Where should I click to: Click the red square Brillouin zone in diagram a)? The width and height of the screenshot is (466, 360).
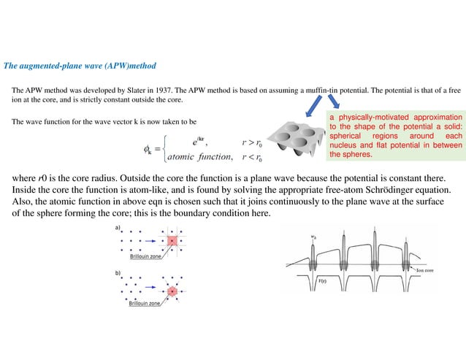(173, 241)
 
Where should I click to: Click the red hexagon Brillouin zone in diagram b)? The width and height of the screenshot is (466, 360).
(173, 290)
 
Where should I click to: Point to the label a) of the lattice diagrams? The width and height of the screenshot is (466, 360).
(117, 228)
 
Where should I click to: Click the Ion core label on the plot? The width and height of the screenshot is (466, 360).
(426, 270)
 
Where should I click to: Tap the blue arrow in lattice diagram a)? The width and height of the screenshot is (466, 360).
(154, 241)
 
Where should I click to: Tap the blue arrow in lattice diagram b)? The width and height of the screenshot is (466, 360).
(154, 290)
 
